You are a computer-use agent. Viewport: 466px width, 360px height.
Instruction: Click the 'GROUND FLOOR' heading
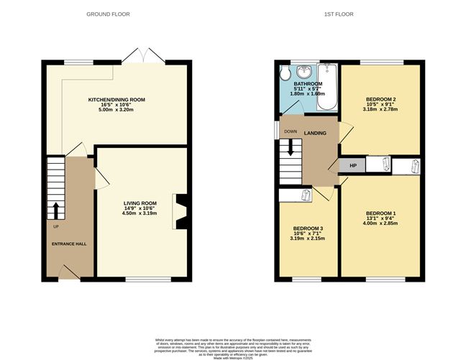tap(108, 14)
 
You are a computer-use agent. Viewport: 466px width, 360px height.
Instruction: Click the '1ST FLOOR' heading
tap(350, 14)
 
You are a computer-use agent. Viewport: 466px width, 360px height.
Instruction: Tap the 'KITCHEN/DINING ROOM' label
tap(116, 98)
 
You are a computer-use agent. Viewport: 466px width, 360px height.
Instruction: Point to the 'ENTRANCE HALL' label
tap(69, 244)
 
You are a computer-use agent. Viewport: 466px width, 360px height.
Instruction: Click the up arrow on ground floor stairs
tap(55, 210)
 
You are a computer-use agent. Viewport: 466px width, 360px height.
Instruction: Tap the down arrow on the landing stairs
tap(291, 147)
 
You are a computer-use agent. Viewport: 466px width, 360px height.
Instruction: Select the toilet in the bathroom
tap(285, 74)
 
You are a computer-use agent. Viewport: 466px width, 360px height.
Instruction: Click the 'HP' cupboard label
tap(352, 166)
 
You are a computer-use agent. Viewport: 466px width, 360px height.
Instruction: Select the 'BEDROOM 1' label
tap(380, 213)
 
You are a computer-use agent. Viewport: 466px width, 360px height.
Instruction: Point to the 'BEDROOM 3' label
tap(308, 229)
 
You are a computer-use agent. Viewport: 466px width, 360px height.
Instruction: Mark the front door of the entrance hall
tap(70, 271)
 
